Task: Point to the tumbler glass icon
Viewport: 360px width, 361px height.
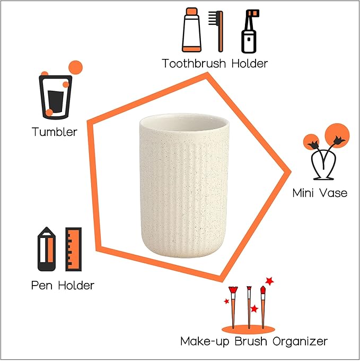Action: pos(55,97)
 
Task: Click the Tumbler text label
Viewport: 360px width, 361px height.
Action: pos(54,132)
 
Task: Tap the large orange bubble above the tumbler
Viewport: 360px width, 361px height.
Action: pos(75,67)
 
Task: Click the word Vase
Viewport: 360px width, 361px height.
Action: pos(334,193)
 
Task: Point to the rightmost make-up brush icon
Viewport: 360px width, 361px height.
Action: pos(263,306)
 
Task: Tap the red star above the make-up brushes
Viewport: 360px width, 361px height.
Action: pos(269,280)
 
